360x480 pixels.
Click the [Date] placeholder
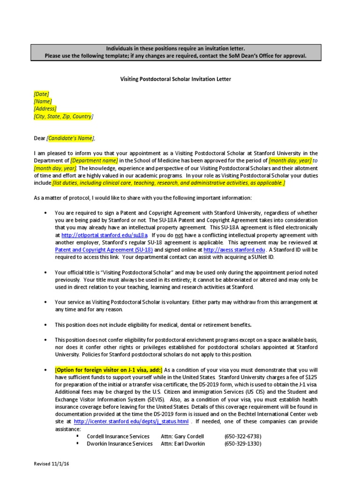click(x=41, y=94)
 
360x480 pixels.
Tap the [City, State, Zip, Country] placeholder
click(x=63, y=116)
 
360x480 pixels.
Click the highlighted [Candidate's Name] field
click(x=70, y=138)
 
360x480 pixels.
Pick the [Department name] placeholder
click(x=94, y=160)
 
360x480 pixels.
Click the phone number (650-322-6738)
click(x=242, y=436)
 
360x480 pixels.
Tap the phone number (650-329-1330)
click(x=242, y=443)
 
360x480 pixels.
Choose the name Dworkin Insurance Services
click(x=120, y=443)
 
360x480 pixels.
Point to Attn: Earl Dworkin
click(x=183, y=443)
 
